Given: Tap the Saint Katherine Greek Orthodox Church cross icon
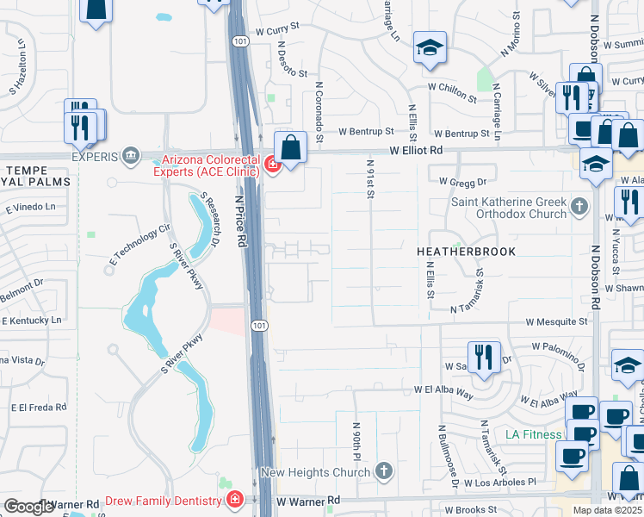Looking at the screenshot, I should (579, 206).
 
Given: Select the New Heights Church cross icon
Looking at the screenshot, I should (384, 471).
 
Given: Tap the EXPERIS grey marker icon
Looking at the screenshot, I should (130, 156).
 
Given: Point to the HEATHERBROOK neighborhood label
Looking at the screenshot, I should (466, 252).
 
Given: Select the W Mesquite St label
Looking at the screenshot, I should (557, 321).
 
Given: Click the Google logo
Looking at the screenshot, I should (28, 507).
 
